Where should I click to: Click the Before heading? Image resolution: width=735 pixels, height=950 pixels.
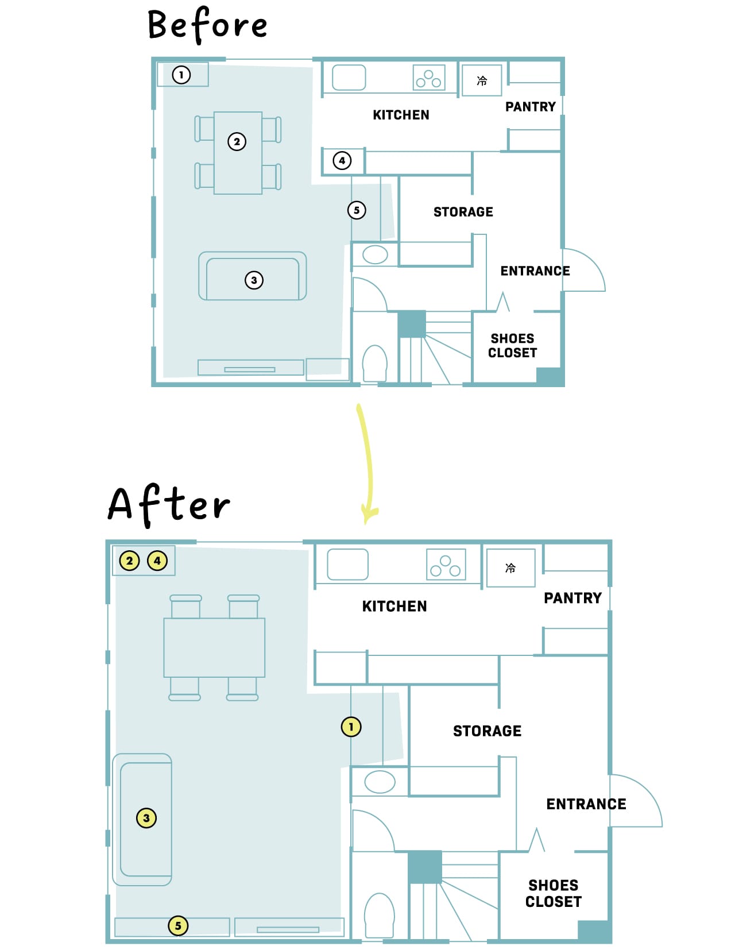[207, 25]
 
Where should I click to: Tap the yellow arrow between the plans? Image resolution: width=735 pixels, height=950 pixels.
[366, 464]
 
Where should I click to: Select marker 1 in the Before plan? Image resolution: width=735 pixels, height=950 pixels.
[181, 75]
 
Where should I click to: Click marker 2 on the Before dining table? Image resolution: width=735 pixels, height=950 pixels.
[237, 142]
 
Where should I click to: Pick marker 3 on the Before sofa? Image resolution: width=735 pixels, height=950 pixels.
[254, 280]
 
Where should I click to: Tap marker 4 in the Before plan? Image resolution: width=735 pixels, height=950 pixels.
[342, 160]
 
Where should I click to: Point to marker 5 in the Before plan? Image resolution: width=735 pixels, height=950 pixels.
[357, 210]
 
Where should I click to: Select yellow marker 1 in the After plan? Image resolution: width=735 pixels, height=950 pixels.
[351, 727]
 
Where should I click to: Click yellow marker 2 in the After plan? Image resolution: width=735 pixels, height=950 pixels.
[129, 561]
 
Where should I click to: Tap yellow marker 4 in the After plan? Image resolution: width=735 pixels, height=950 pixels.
[157, 561]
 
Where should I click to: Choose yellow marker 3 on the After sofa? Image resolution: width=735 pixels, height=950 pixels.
[146, 817]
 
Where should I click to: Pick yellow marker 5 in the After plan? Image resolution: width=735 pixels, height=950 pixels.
[178, 925]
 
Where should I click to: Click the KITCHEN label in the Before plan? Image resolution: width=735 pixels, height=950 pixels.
[401, 115]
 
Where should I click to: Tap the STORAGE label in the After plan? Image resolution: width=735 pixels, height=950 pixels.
[487, 731]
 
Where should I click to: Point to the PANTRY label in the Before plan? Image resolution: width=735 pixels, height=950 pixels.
[531, 107]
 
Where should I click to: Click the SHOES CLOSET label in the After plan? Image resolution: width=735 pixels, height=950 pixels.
[553, 893]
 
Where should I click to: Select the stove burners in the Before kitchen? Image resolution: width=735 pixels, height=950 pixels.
[429, 78]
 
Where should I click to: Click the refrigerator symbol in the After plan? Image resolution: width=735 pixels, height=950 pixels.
[510, 567]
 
